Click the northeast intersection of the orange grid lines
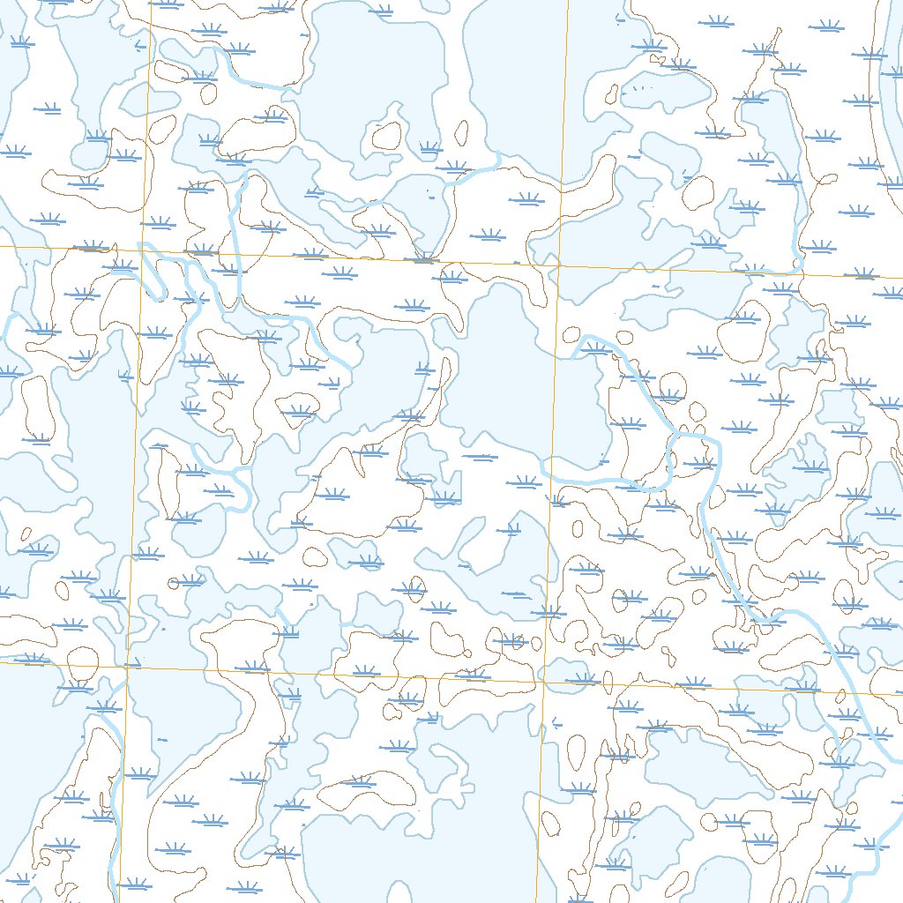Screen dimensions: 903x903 pos(559,265)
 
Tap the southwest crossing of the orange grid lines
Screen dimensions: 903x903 pos(126,666)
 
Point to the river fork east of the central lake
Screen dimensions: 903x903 pos(674,435)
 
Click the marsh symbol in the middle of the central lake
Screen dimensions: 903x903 pos(481,457)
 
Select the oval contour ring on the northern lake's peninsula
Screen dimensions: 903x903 pos(386,136)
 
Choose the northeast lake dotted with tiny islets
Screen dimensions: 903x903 pos(666,88)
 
